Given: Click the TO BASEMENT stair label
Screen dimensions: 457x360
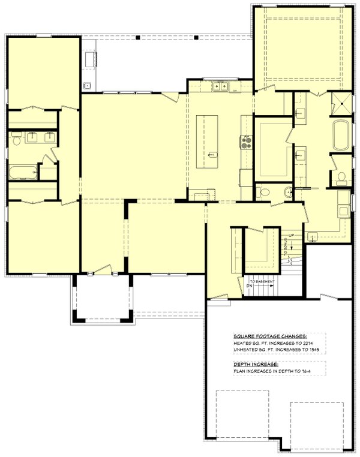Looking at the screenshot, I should (261, 281).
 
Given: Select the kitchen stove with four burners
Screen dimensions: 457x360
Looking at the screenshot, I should (247, 142).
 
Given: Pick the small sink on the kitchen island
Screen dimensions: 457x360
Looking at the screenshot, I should (211, 155).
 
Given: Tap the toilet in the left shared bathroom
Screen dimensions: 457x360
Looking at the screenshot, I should (16, 140).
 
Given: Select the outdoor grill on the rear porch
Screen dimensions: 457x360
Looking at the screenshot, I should (92, 58).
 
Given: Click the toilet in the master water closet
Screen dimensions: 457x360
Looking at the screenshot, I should (341, 178).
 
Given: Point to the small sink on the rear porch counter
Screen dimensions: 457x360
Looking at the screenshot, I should (86, 85).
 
